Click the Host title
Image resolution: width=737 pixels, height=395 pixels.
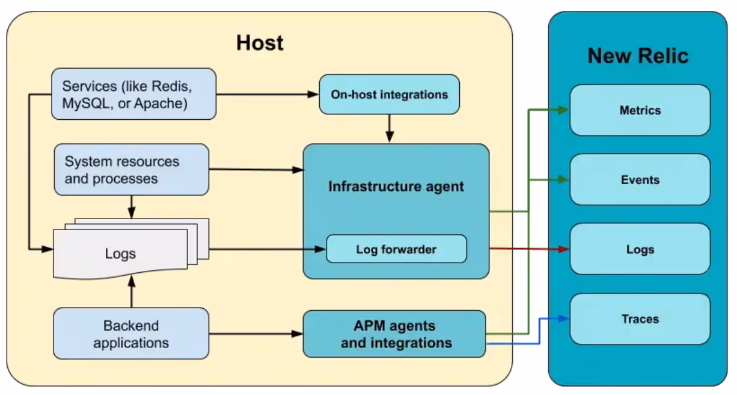pos(260,43)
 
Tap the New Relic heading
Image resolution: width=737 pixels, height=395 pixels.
pos(638,55)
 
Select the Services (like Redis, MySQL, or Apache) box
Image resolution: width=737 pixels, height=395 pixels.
pos(134,94)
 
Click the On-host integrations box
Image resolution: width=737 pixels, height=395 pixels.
pos(389,95)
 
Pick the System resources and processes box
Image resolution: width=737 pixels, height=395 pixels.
pos(132,170)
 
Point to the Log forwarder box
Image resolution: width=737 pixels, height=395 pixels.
pos(397,249)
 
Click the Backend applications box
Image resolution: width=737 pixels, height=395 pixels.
pos(131,334)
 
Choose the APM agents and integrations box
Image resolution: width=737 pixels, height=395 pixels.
pos(394,334)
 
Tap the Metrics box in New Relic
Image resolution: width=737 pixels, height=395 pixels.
pos(640,110)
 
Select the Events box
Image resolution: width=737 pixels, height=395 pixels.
pos(640,180)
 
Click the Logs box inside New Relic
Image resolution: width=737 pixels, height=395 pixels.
pos(640,249)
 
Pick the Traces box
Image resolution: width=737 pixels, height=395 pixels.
pos(640,319)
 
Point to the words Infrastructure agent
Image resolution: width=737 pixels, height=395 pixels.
pos(396,187)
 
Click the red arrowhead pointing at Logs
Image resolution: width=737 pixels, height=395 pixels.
pos(564,249)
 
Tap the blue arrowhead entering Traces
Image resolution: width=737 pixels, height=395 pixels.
pos(564,319)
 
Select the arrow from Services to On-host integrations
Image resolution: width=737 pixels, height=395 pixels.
pos(268,95)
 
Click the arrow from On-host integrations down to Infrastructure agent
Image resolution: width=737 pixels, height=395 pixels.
pos(390,128)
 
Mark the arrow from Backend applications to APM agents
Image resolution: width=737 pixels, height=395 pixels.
pos(256,334)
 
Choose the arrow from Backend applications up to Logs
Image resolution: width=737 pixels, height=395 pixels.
pos(132,292)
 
